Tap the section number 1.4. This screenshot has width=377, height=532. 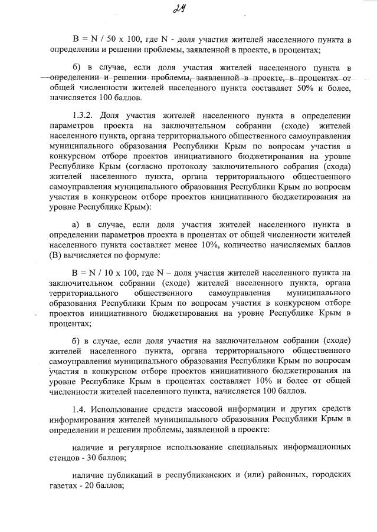pos(80,409)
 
